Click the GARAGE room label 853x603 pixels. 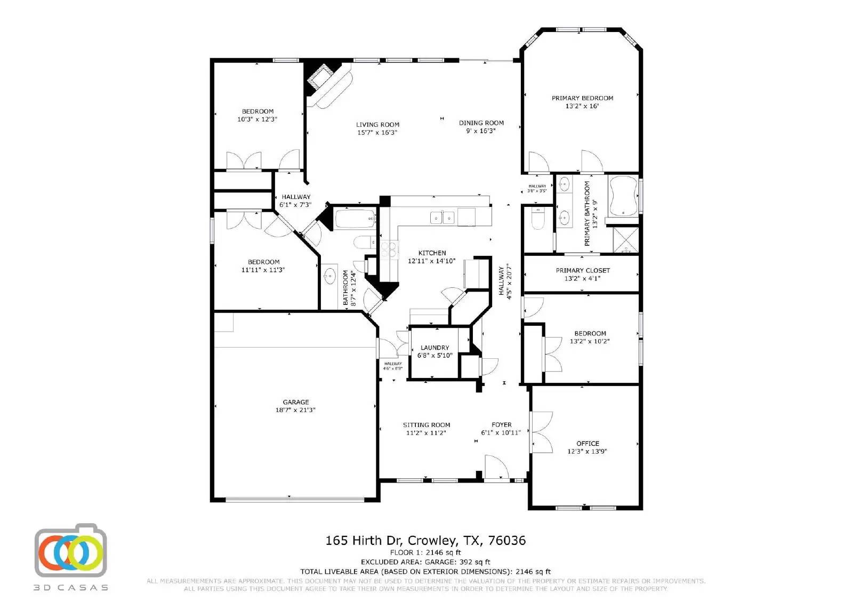click(x=296, y=402)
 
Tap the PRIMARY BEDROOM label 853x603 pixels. click(x=582, y=98)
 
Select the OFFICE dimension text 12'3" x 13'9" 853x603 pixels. click(x=587, y=452)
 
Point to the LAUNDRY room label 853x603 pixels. click(x=434, y=348)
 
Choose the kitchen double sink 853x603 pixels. click(x=443, y=217)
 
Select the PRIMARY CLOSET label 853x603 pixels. click(x=583, y=270)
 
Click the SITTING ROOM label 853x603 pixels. click(x=426, y=425)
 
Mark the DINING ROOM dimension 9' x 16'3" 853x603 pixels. click(x=481, y=131)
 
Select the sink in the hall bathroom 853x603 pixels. click(x=329, y=276)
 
